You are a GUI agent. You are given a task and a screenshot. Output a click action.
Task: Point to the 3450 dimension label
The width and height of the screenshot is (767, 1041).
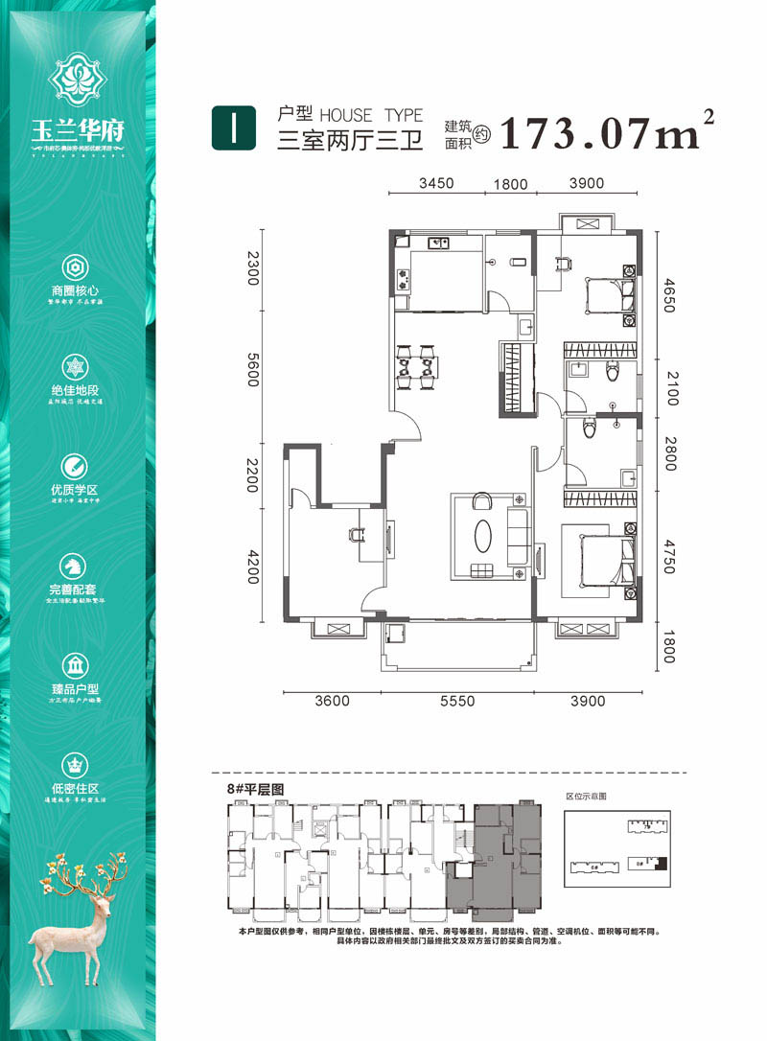pos(434,183)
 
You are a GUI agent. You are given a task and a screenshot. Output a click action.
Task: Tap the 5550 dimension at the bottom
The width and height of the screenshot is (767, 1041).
pos(457,702)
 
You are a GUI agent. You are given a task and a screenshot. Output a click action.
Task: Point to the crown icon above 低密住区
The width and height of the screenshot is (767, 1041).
pos(75,764)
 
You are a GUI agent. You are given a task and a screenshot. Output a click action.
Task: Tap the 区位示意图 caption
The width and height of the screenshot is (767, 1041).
pos(587,796)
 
